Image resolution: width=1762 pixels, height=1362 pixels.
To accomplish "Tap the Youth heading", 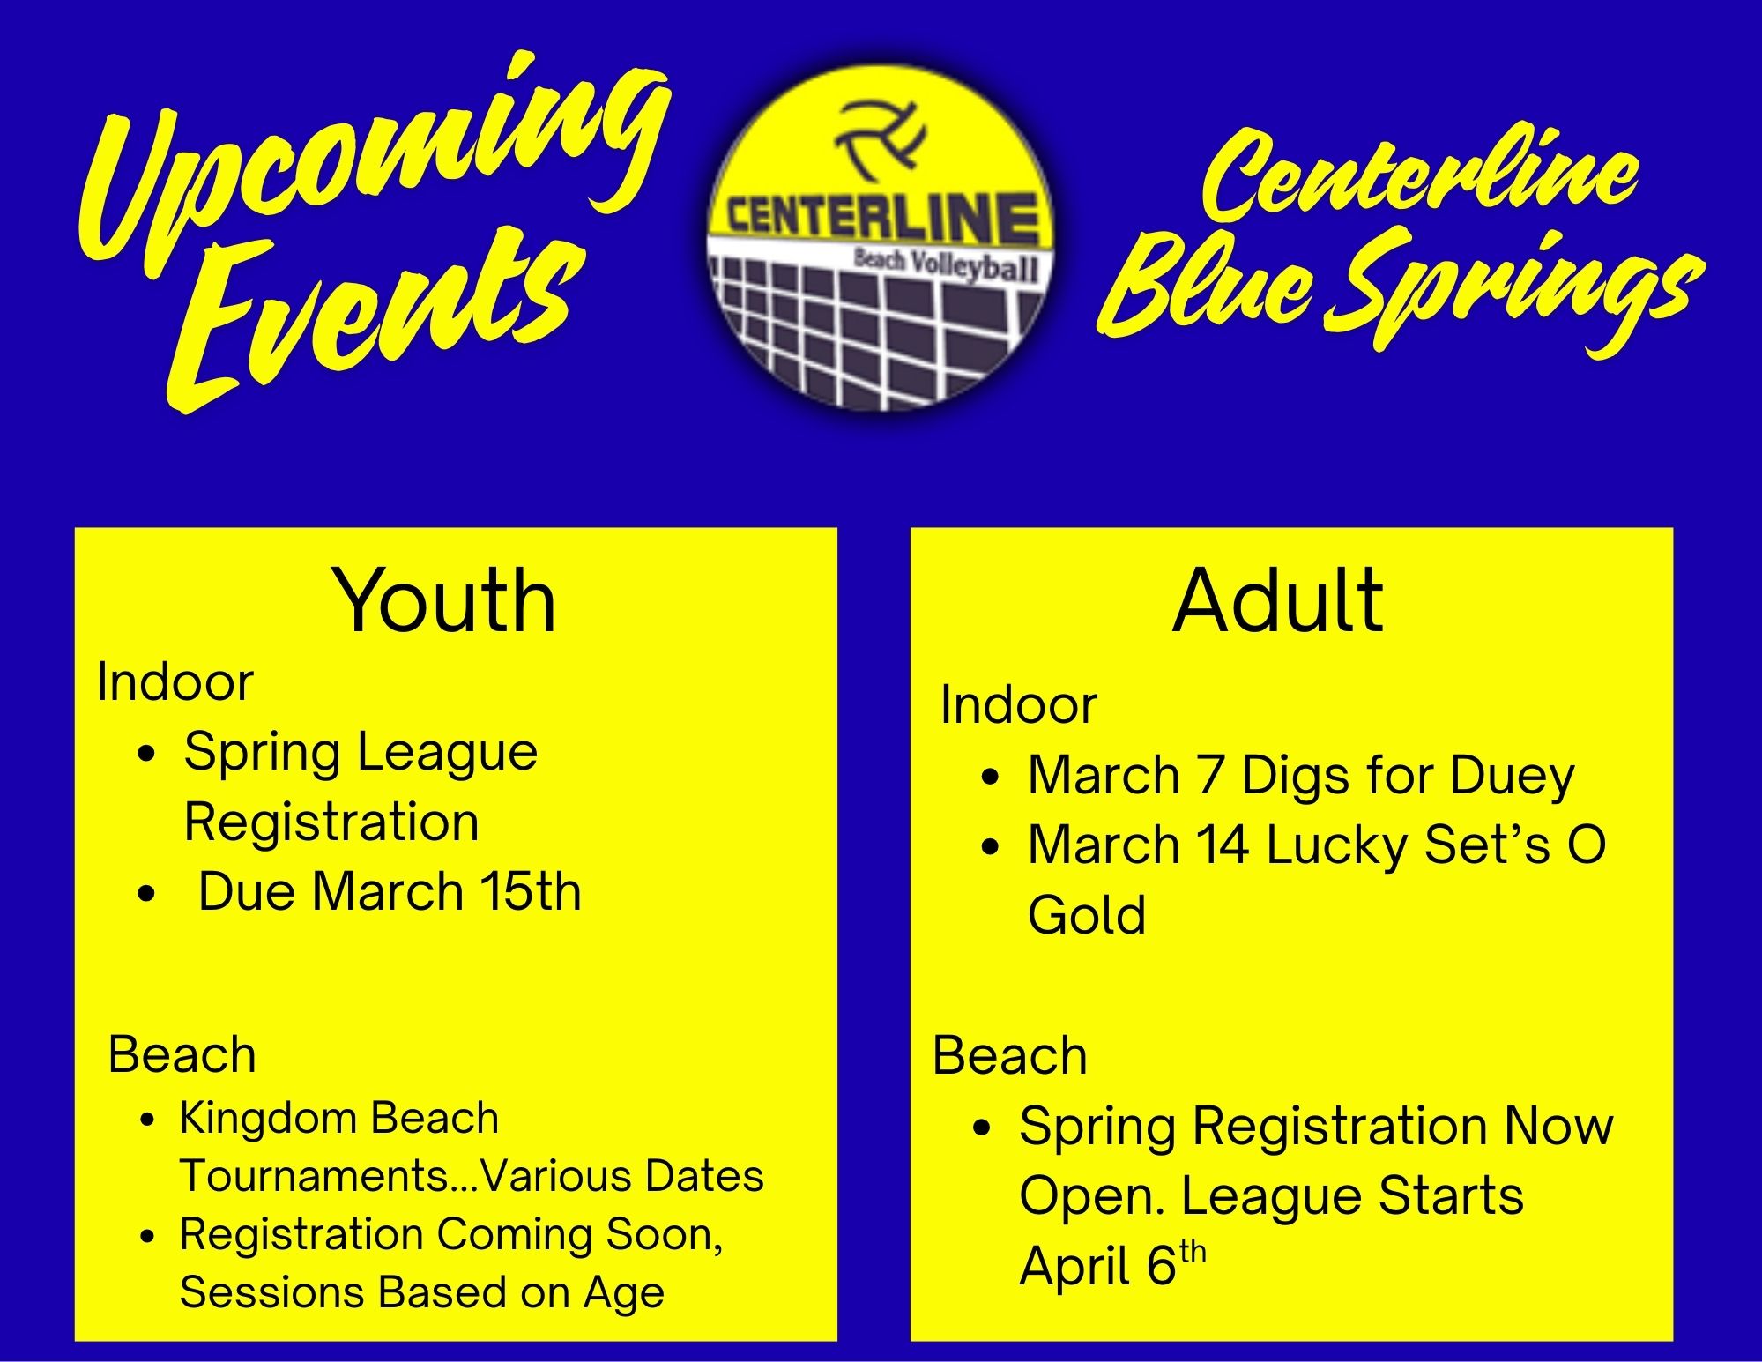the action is coord(443,601).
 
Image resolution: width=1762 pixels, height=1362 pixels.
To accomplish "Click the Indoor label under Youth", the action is coord(175,681).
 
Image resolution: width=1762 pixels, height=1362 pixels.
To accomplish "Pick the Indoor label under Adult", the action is coord(1018,704).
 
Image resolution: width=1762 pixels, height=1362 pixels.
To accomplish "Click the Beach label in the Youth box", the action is coord(182,1054).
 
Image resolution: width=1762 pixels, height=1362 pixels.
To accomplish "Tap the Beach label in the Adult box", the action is coord(1009,1055).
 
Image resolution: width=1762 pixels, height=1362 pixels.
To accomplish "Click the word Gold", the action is coord(1087,914).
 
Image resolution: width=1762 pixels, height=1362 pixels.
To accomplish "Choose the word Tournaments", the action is coord(330,1176).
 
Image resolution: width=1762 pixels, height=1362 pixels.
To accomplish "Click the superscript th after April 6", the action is coord(1192,1253).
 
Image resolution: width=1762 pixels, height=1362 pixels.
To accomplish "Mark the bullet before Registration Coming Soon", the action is coord(147,1237).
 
